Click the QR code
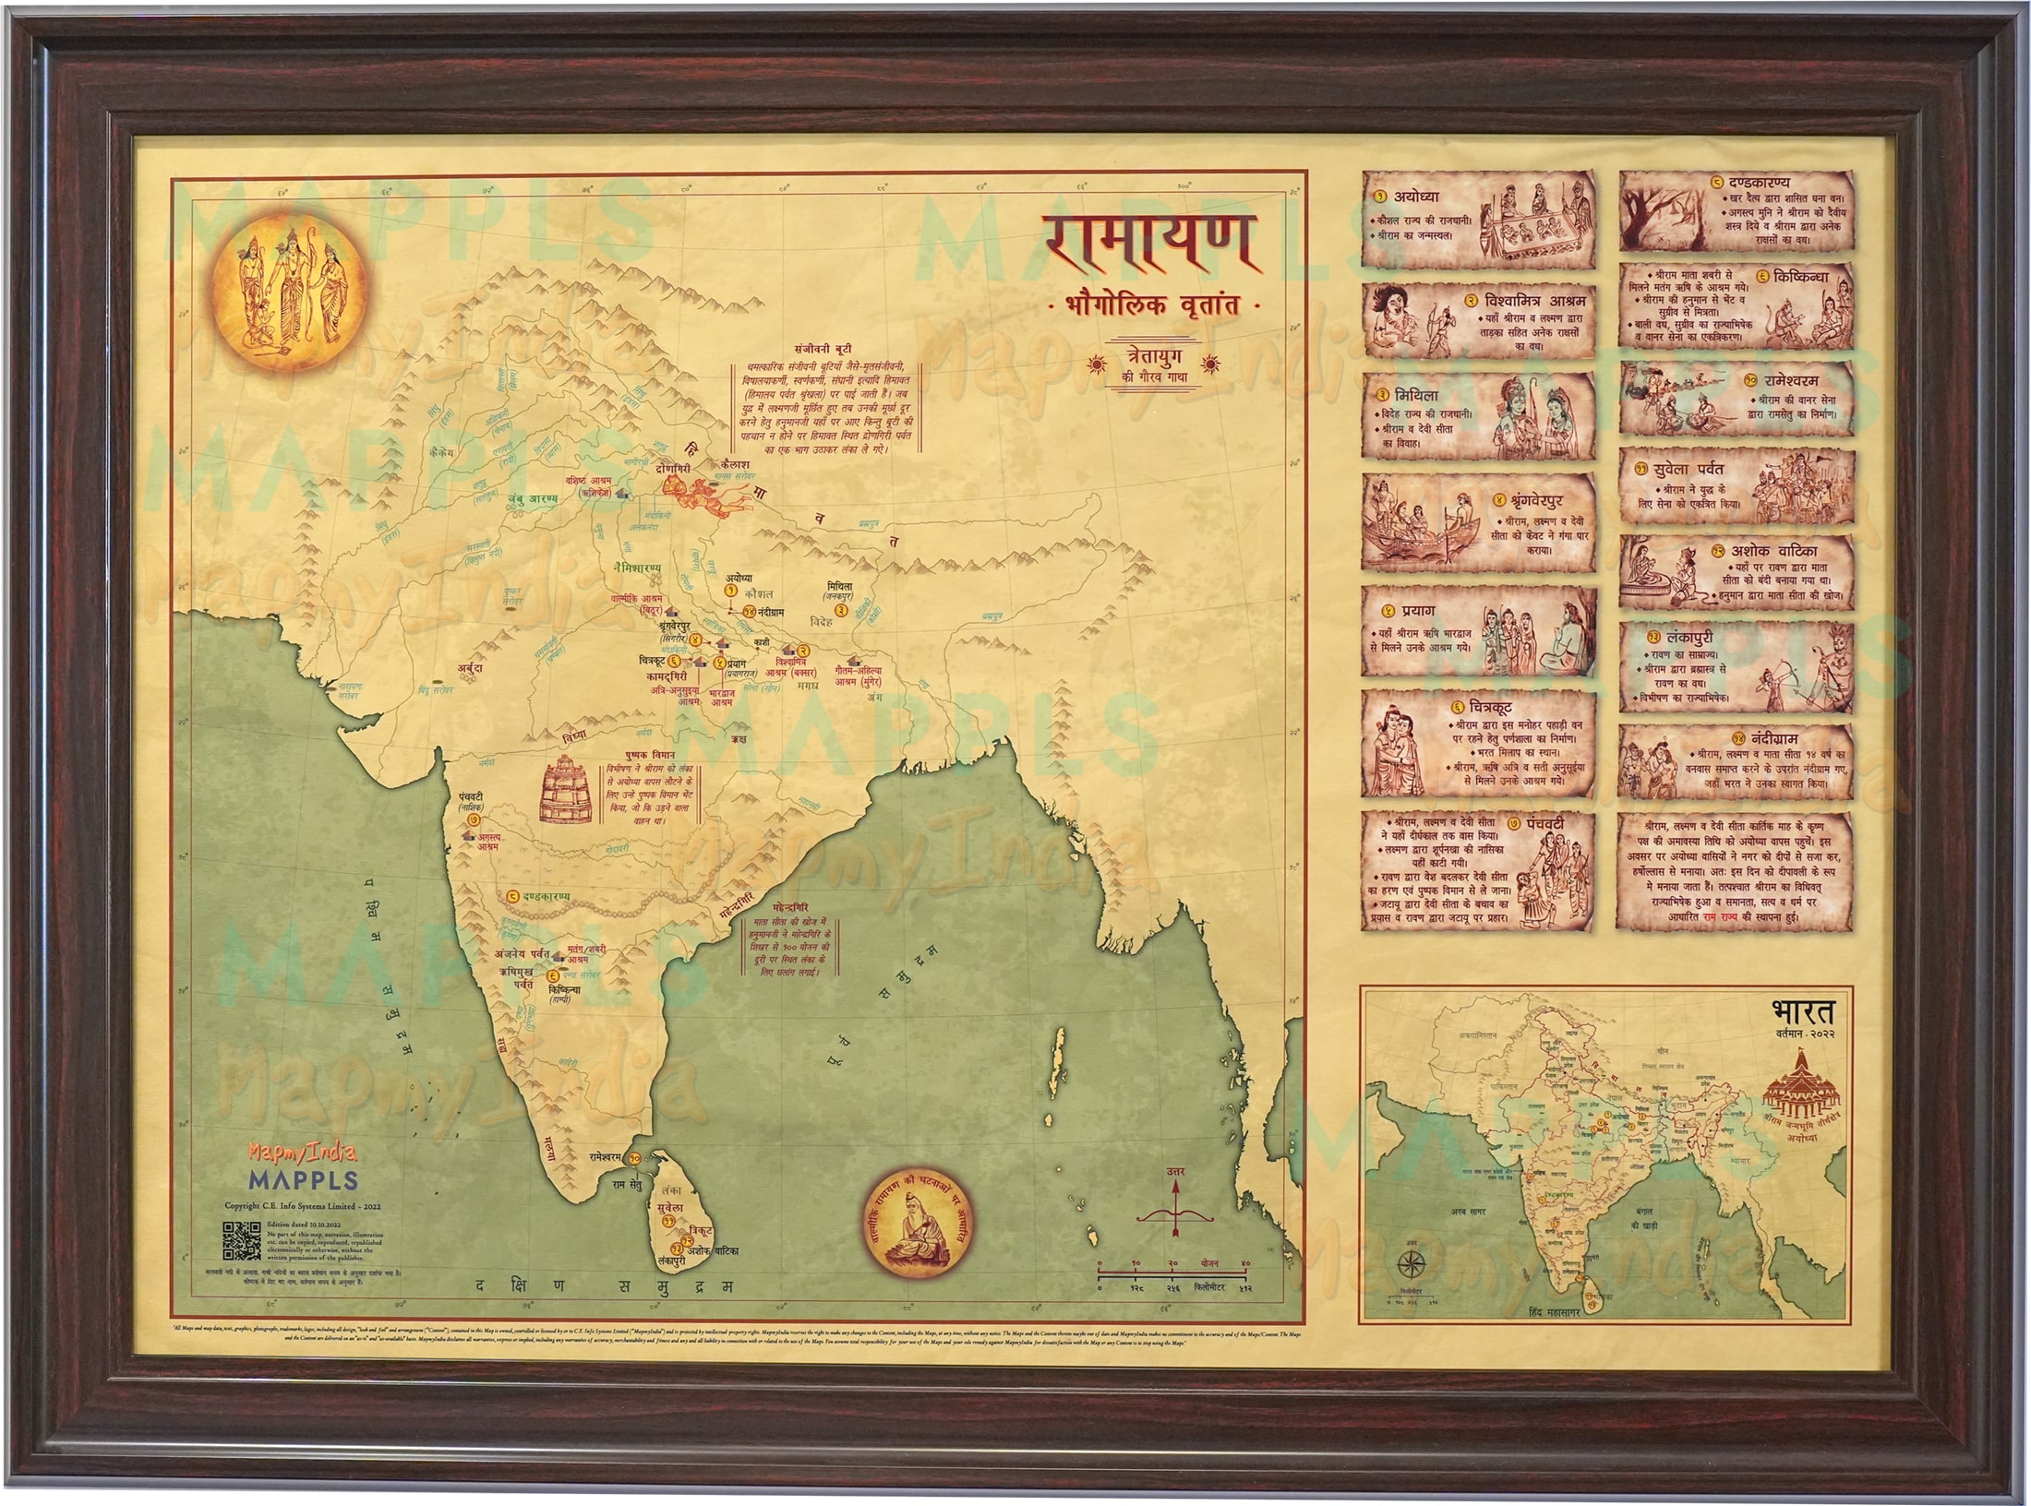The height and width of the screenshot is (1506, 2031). click(241, 1240)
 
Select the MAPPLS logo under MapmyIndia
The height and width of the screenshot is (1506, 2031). click(303, 1180)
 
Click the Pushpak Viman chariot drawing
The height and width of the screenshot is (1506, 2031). click(567, 790)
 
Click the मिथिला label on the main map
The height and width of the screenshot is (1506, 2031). click(840, 586)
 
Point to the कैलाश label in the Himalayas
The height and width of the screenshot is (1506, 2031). click(737, 464)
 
